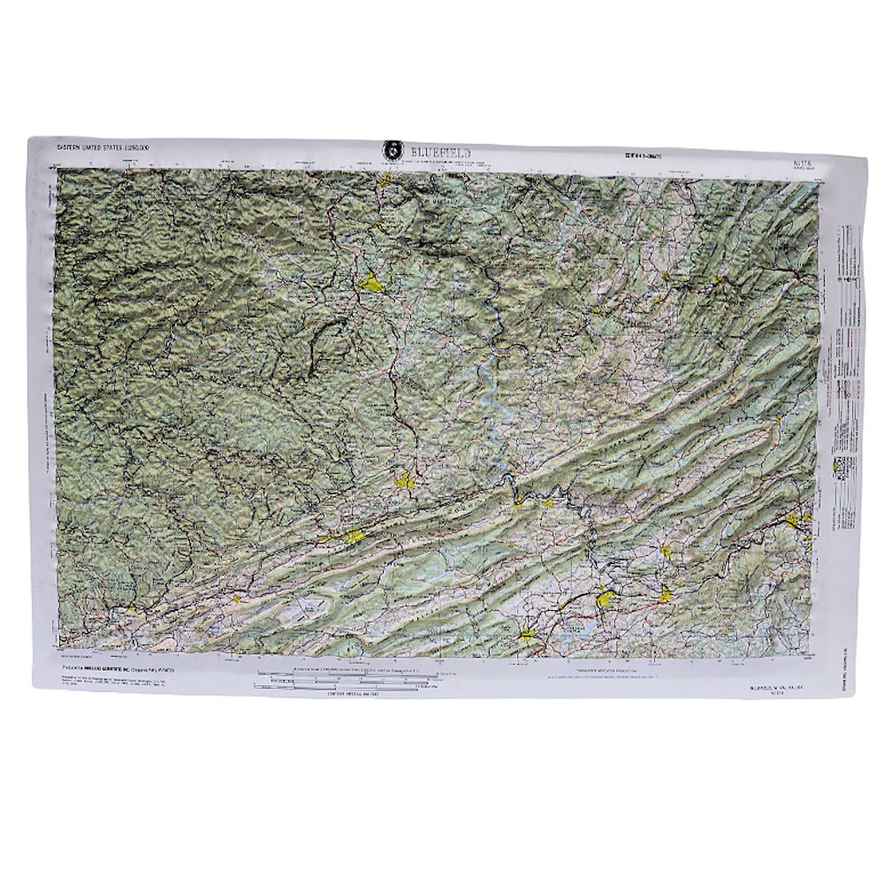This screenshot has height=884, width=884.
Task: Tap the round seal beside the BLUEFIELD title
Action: pyautogui.click(x=390, y=149)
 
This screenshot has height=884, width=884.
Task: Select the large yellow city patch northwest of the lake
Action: pyautogui.click(x=370, y=284)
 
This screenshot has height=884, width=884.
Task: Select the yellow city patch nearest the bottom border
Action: pyautogui.click(x=526, y=635)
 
